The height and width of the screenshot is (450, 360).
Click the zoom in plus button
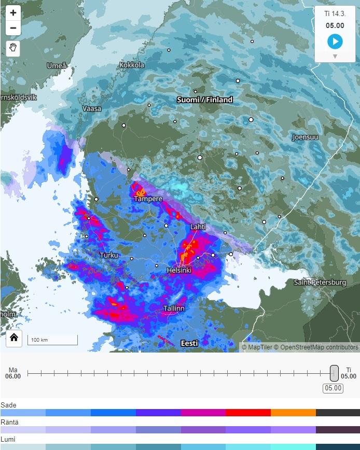tap(13, 13)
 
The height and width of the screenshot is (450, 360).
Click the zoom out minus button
tap(13, 28)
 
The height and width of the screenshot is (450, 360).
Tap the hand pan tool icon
tap(13, 48)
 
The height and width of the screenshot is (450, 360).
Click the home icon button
tap(14, 337)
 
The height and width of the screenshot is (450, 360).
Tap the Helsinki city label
tap(179, 271)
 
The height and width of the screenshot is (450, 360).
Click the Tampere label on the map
tap(148, 199)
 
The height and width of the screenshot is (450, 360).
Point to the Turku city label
tap(109, 255)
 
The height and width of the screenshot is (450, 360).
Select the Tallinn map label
tap(174, 308)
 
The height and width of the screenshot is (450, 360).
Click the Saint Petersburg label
tap(320, 283)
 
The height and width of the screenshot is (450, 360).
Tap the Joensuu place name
tap(305, 137)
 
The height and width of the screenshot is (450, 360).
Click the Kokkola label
tap(132, 65)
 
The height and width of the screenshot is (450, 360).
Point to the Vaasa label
tap(92, 109)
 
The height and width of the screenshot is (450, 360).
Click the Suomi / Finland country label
tap(204, 100)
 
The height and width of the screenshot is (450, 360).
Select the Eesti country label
tap(189, 343)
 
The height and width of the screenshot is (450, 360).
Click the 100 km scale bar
tap(52, 340)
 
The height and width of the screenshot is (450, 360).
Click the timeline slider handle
tap(335, 373)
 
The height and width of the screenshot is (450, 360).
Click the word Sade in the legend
tap(8, 405)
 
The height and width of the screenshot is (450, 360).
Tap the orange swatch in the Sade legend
tap(293, 413)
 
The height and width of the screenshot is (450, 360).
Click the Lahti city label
tap(198, 227)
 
